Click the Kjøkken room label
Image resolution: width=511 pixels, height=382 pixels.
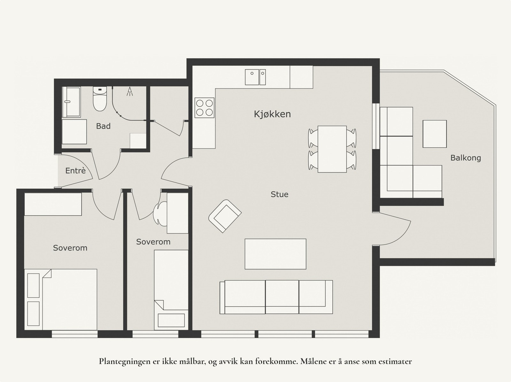point(272,114)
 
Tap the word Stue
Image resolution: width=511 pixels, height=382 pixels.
point(279,194)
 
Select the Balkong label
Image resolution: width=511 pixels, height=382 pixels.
point(466,158)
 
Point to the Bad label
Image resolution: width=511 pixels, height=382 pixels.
point(103,126)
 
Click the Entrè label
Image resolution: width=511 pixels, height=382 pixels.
point(75,171)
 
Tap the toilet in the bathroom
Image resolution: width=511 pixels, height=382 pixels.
point(100,99)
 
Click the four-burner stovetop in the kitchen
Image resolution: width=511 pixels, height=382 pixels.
point(204,108)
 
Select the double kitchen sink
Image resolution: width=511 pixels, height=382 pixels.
point(255,77)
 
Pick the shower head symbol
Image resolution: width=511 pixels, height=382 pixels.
point(130,92)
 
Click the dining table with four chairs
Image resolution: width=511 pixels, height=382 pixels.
point(332,149)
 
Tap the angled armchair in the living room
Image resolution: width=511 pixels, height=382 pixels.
point(225,216)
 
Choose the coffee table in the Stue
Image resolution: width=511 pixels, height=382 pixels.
point(275,254)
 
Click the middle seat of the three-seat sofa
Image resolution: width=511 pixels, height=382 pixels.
point(282,297)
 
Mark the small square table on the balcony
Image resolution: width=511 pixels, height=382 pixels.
point(435,134)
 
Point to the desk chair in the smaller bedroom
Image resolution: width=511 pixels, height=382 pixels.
point(160,214)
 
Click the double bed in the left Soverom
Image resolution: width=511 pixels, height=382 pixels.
point(61,299)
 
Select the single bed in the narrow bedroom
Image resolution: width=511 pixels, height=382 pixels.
point(171,290)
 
